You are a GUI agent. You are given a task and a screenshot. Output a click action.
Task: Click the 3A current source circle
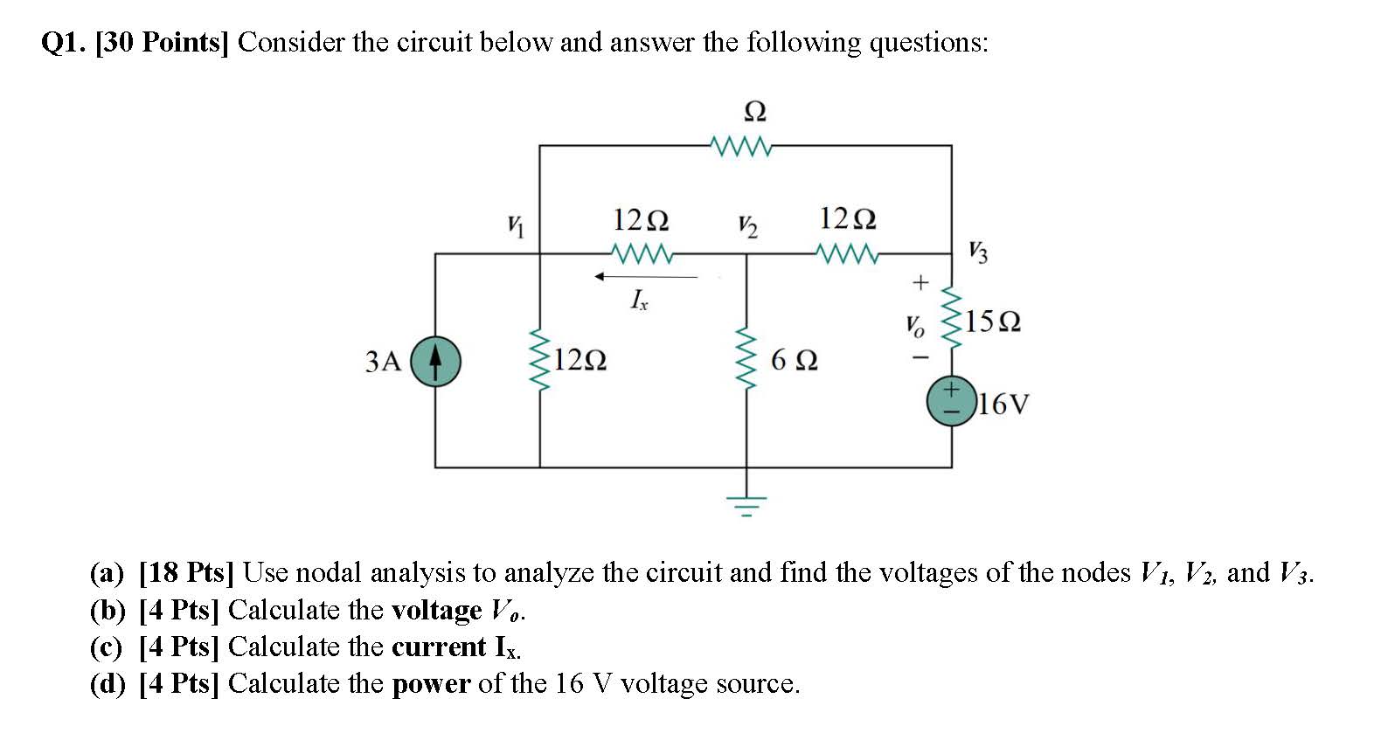click(435, 361)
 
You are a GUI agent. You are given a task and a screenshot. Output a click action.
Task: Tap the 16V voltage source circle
click(951, 401)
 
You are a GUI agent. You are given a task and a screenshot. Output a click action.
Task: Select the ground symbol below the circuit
click(746, 505)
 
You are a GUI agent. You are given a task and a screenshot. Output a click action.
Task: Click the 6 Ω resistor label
click(795, 360)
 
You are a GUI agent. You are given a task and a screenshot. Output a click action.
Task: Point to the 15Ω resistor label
click(993, 322)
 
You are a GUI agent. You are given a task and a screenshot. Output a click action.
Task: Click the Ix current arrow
click(646, 277)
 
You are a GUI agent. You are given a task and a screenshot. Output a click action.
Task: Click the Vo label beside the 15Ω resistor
click(914, 326)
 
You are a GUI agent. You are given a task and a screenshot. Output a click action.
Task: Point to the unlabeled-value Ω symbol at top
click(754, 112)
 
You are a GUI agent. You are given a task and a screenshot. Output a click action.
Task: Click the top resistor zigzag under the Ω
click(741, 146)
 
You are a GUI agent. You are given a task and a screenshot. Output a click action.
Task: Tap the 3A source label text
click(383, 361)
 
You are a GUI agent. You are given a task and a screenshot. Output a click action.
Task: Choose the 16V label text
click(1003, 404)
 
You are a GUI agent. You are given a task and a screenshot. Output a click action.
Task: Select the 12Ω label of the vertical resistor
click(580, 359)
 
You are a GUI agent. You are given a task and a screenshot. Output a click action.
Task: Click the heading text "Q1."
click(64, 42)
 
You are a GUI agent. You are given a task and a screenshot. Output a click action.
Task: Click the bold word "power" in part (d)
click(431, 683)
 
